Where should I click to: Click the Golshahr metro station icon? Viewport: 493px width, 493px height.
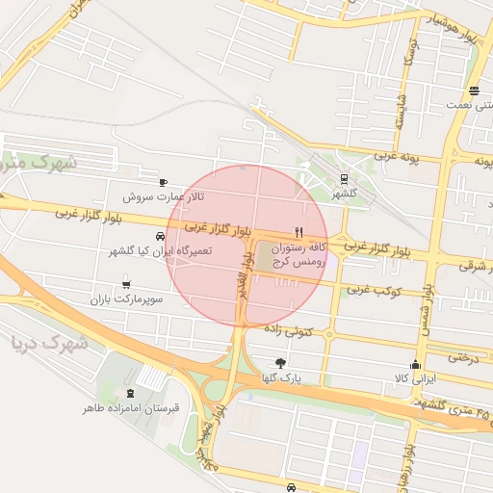[x=344, y=178]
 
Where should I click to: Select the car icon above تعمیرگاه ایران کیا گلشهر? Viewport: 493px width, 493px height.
[x=159, y=236]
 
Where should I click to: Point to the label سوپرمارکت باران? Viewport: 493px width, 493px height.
[x=122, y=300]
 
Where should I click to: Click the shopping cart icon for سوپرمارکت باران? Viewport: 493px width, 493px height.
[x=126, y=285]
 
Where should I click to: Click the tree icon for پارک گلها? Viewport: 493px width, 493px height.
[x=280, y=363]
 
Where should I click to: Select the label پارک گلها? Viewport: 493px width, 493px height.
[x=280, y=378]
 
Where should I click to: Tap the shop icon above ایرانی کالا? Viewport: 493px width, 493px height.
[x=415, y=364]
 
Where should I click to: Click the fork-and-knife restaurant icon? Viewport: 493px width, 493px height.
[x=298, y=232]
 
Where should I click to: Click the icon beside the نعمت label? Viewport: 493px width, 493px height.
[x=474, y=91]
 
